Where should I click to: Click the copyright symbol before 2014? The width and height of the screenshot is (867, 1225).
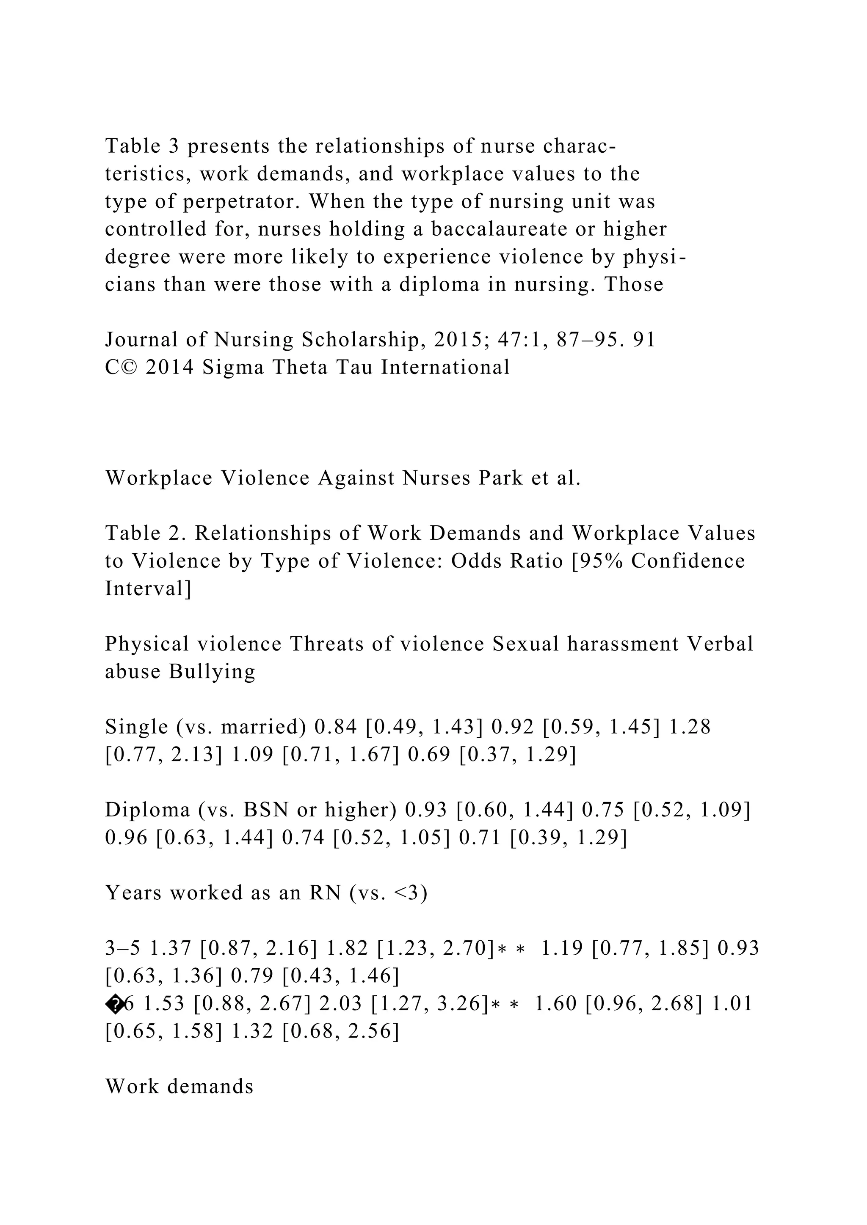point(129,368)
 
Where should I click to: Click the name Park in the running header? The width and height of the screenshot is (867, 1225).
point(501,478)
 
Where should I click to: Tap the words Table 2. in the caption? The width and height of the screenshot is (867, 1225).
point(145,533)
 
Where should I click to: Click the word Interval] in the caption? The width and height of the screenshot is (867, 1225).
point(148,589)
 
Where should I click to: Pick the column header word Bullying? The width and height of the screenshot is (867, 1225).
point(212,672)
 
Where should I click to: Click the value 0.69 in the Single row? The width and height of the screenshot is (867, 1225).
point(429,755)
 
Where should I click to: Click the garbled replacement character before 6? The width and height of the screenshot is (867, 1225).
point(114,1004)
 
